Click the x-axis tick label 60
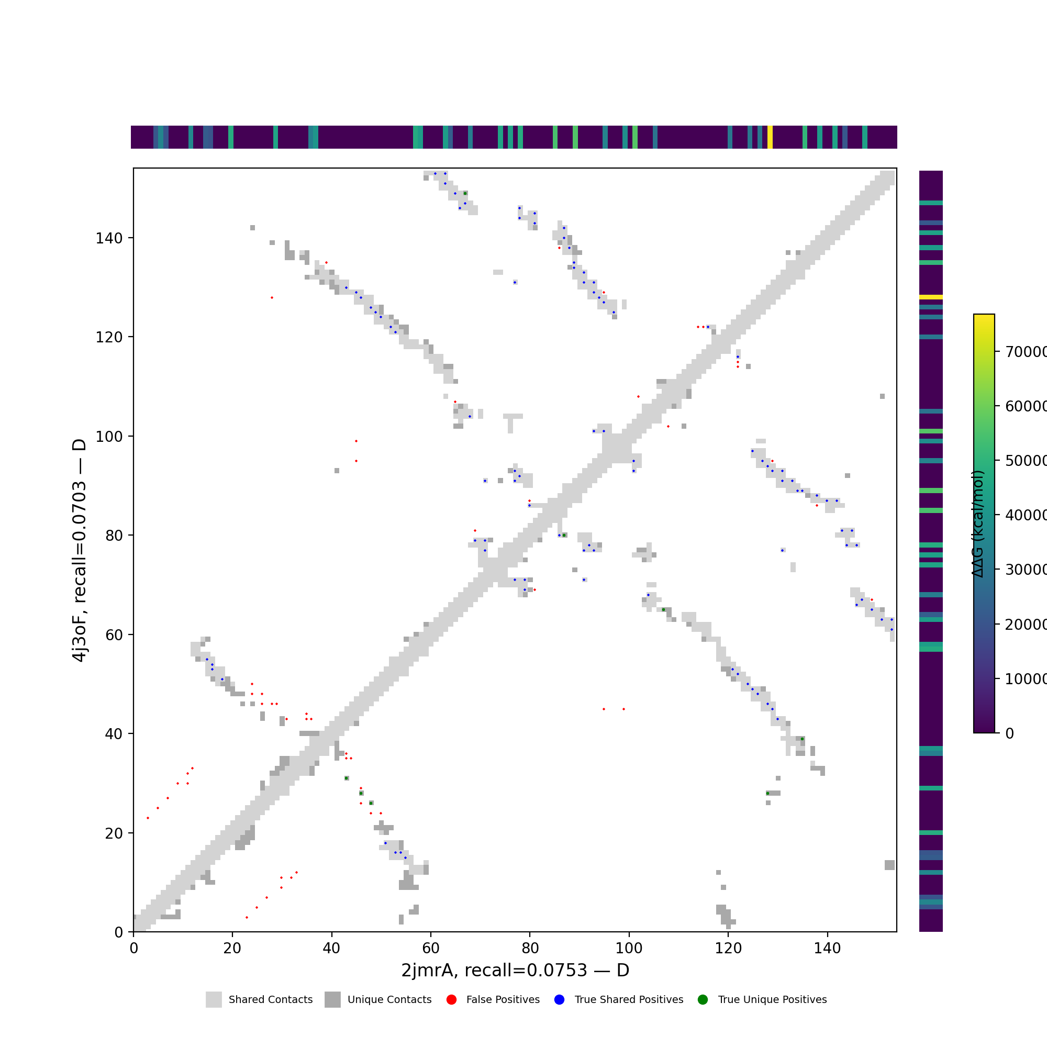pos(431,948)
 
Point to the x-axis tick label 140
pos(827,948)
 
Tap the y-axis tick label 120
pos(109,337)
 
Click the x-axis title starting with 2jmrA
pos(515,970)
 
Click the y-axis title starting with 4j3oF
pos(79,550)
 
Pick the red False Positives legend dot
pos(451,999)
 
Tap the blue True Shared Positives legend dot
pos(559,999)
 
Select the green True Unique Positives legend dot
pos(703,999)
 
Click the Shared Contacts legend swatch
pos(214,999)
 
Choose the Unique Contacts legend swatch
pos(333,999)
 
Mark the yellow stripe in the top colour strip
pos(770,137)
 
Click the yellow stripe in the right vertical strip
pos(930,297)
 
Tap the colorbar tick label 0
pos(1010,733)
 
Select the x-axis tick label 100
pos(629,948)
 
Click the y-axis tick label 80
pos(114,536)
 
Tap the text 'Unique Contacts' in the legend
pos(389,999)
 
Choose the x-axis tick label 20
pos(232,948)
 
